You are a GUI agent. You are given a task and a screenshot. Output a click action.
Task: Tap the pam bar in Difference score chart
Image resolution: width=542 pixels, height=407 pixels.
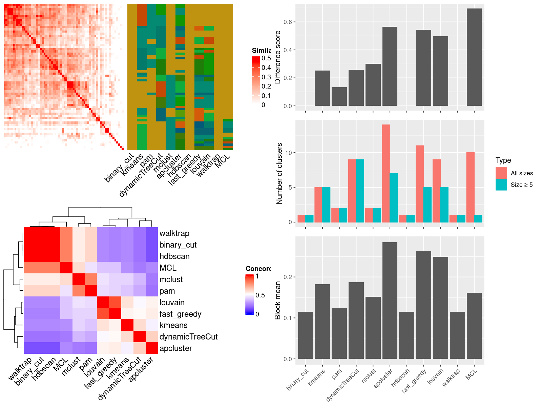click(339, 97)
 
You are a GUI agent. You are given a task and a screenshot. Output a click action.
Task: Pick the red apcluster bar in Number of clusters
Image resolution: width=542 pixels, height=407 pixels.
click(386, 173)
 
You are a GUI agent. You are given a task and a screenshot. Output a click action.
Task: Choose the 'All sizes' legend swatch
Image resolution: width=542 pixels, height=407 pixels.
click(501, 173)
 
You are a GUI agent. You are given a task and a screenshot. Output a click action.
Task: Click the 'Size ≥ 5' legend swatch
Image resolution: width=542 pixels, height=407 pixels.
click(501, 185)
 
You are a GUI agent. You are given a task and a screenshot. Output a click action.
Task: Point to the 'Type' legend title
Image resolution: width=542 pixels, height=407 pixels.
click(503, 160)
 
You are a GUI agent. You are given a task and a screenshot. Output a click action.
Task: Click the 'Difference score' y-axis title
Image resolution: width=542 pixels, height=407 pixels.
click(278, 57)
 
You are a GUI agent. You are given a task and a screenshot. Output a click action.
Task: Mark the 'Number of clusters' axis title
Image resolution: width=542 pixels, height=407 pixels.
click(279, 173)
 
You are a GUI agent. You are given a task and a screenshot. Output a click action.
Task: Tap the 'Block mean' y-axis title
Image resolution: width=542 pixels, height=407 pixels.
click(278, 300)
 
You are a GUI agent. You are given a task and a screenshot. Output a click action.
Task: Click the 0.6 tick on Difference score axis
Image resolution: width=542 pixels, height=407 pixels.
click(288, 22)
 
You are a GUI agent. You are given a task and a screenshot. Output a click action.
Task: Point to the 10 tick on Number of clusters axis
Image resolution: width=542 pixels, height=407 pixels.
click(288, 153)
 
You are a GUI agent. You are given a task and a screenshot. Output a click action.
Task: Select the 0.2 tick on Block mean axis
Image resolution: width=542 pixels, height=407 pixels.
click(288, 277)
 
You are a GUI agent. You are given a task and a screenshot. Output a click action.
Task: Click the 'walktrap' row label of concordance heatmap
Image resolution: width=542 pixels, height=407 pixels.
click(174, 233)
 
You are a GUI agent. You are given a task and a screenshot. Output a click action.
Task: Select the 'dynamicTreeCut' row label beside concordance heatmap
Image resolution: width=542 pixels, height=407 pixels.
click(188, 337)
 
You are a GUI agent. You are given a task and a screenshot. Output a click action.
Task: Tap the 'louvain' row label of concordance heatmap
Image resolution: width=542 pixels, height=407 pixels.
click(172, 303)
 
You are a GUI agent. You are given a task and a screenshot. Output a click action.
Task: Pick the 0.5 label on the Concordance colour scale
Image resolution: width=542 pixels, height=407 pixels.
click(260, 295)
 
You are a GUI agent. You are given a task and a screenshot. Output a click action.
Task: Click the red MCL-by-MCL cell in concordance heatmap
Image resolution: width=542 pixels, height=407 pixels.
click(66, 268)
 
